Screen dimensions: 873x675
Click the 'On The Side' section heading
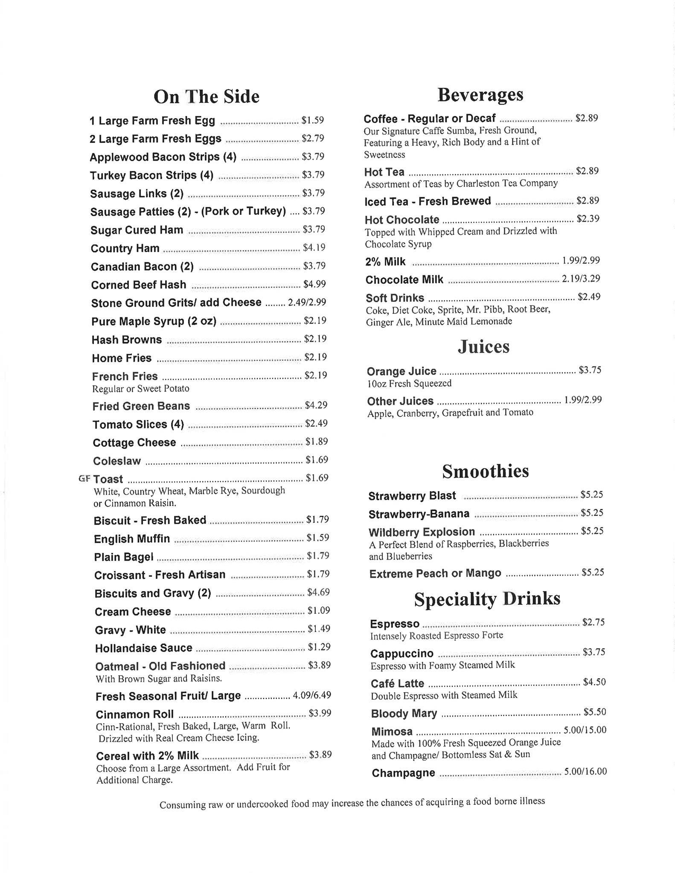coord(206,97)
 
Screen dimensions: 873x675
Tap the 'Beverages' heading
coord(480,95)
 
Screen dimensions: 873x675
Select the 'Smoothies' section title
coord(485,471)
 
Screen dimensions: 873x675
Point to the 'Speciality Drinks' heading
coord(487,599)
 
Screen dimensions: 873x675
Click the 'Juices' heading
coord(483,346)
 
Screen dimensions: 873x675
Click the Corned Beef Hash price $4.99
coord(314,284)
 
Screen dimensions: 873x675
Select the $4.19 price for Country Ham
coord(314,247)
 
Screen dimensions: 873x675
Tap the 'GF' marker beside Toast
coord(84,478)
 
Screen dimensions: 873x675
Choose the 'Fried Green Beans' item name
coord(141,406)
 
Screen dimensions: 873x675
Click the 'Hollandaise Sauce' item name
coord(143,648)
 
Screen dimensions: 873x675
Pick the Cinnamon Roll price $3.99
coord(320,713)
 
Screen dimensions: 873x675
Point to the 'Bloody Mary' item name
coord(404,713)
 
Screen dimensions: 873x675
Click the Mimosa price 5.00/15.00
coord(585,730)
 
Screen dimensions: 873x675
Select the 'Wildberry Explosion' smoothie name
coord(422,532)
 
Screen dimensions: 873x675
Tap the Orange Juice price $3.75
coord(590,370)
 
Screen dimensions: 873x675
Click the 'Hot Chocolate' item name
coord(402,220)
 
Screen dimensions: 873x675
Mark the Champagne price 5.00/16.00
coord(585,771)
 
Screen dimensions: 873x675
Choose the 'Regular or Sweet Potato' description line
coord(140,389)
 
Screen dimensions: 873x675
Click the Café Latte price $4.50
coord(594,682)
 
